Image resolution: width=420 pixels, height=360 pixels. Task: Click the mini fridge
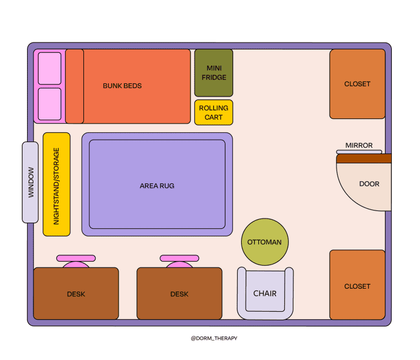coord(213,72)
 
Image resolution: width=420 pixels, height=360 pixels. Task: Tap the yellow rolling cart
coord(213,112)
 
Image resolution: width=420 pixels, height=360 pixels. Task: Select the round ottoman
coord(265,242)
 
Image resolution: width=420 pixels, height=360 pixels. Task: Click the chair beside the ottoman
coord(265,294)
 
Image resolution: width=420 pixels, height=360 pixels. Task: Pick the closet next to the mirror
coord(357,84)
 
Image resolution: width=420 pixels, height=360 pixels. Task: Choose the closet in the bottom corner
coord(357,285)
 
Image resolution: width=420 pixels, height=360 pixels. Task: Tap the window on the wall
coord(30,182)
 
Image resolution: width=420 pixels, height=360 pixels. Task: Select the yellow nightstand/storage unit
coord(56,185)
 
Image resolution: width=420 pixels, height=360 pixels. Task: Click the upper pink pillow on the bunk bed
coord(49,68)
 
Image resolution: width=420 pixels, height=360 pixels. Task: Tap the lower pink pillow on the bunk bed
coord(49,104)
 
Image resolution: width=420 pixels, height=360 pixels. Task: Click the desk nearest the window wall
coord(76,293)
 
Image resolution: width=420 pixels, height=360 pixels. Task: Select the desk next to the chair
coord(179,293)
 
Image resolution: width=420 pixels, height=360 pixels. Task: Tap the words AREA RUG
coord(157,186)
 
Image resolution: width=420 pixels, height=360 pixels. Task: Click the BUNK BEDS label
coord(122,86)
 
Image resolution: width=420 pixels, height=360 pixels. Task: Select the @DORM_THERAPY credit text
coord(213,338)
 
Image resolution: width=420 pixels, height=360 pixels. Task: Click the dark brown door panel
coord(364,158)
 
